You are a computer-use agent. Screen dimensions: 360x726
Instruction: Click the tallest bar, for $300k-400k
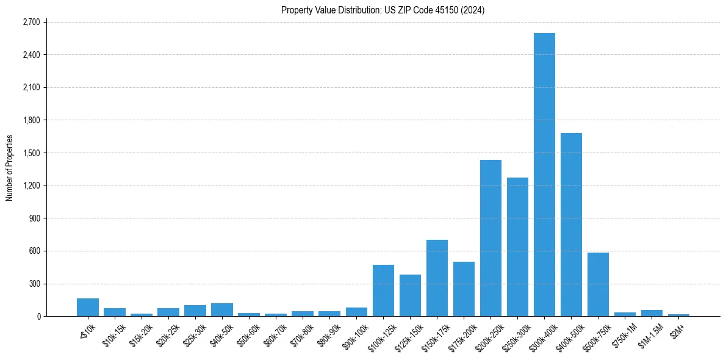(x=544, y=175)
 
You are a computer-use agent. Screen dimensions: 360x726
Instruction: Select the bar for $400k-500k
(x=571, y=225)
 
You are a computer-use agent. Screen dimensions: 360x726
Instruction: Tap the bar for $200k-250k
(x=491, y=238)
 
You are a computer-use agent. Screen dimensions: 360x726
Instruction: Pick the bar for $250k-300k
(x=517, y=247)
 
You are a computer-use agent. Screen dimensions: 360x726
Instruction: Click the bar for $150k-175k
(x=437, y=278)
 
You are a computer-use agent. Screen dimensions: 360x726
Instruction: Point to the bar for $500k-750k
(x=598, y=284)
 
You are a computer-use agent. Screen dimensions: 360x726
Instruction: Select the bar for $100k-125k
(x=383, y=290)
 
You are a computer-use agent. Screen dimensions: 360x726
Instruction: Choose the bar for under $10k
(x=88, y=307)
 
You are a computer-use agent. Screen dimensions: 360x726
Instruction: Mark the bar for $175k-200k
(x=464, y=289)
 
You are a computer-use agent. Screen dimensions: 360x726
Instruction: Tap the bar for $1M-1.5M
(x=652, y=313)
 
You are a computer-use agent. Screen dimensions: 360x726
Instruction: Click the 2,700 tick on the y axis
(x=31, y=22)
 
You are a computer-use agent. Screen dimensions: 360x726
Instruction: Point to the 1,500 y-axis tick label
(x=31, y=153)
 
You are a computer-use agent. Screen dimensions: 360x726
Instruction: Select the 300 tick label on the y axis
(x=34, y=284)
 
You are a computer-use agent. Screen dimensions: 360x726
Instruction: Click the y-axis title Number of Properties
(x=9, y=168)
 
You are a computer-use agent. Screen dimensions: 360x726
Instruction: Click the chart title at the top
(x=383, y=10)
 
